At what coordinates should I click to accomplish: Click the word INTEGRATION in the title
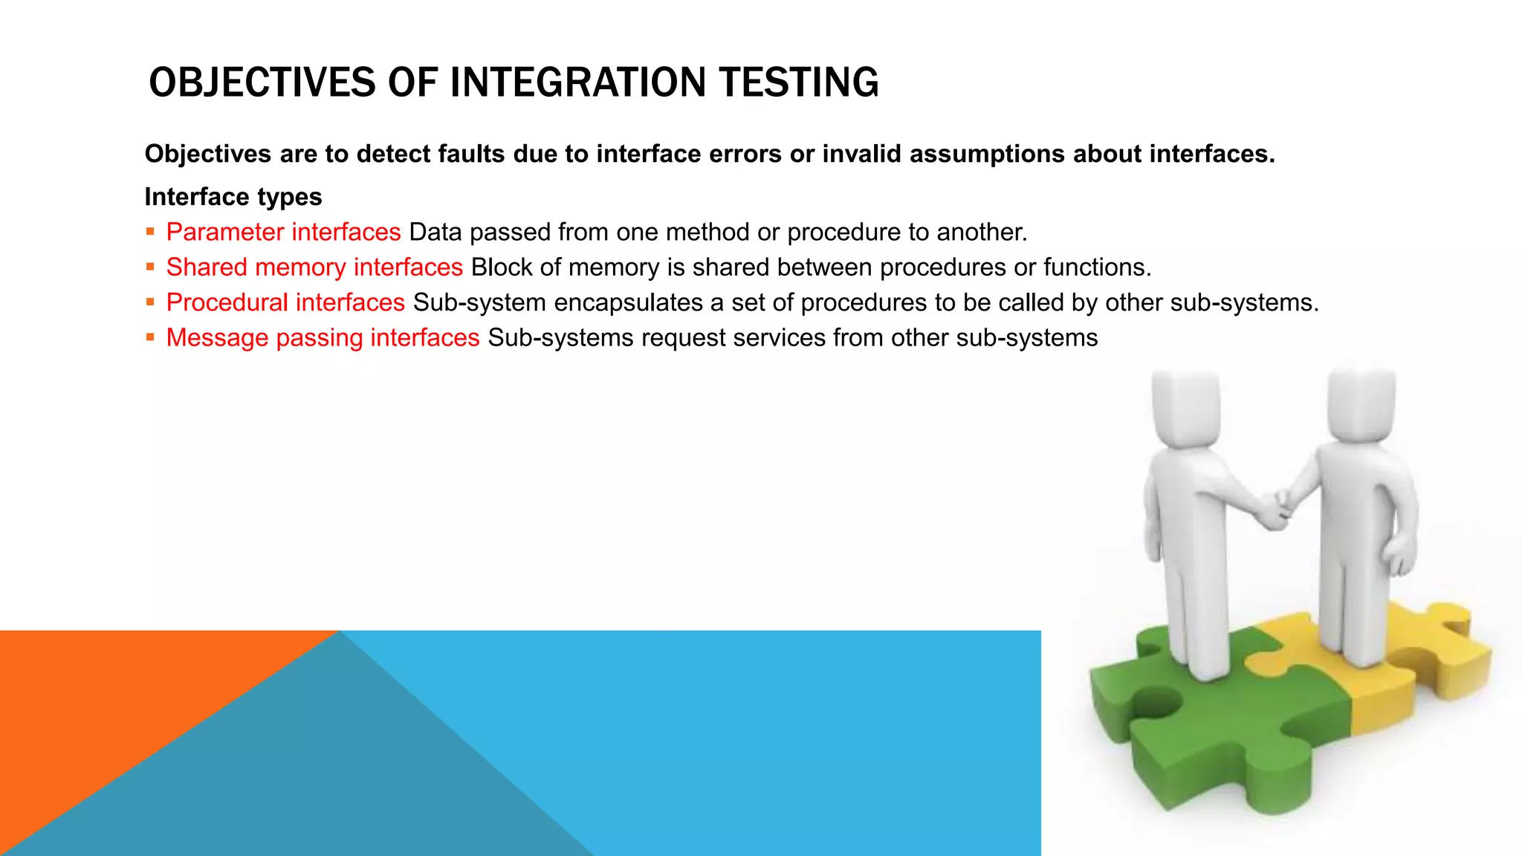coord(577,82)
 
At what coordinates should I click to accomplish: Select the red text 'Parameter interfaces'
coord(283,232)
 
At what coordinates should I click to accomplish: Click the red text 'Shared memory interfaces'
coord(314,267)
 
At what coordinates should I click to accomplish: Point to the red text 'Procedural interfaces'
coord(285,302)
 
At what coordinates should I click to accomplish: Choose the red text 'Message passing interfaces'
coord(323,337)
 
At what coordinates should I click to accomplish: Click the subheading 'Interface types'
coord(233,197)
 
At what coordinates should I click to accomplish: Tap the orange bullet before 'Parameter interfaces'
coord(150,232)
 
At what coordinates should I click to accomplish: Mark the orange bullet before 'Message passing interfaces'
coord(150,337)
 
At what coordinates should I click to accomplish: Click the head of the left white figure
coord(1187,407)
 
